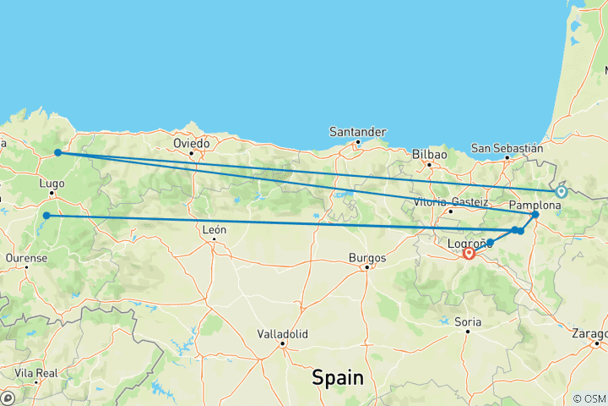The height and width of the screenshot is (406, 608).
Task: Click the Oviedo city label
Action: [x=193, y=143]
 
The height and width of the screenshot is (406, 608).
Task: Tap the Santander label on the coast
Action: [x=359, y=132]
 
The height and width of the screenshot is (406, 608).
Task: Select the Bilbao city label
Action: [x=429, y=155]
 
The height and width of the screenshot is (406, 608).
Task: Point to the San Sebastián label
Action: [x=507, y=149]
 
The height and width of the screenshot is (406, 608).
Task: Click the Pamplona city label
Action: [x=535, y=206]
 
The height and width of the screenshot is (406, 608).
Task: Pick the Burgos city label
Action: [x=366, y=257]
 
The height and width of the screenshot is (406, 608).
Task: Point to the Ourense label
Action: [x=25, y=255]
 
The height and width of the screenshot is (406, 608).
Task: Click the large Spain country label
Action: [x=338, y=377]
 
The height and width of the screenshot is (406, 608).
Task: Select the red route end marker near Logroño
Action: [x=469, y=251]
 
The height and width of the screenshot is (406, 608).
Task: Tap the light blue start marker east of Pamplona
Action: [x=561, y=192]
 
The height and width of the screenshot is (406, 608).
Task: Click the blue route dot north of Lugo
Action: [x=57, y=152]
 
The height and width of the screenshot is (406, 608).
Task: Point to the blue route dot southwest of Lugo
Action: [x=46, y=216]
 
